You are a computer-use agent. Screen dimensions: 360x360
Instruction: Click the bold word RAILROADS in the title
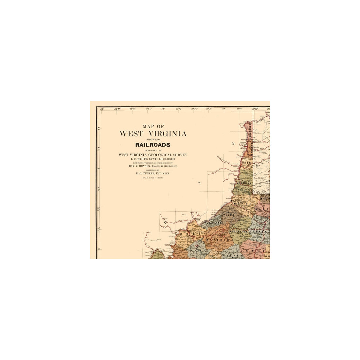pyautogui.click(x=153, y=144)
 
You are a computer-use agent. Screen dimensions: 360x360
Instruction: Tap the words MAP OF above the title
pyautogui.click(x=153, y=126)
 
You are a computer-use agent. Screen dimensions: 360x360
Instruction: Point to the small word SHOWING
pyautogui.click(x=153, y=139)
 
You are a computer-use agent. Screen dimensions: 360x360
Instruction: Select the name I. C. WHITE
pyautogui.click(x=140, y=158)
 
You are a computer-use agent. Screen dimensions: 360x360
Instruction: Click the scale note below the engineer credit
pyautogui.click(x=153, y=178)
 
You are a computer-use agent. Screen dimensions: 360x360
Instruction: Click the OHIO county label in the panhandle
pyautogui.click(x=247, y=162)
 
